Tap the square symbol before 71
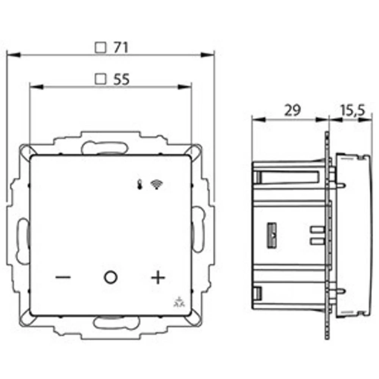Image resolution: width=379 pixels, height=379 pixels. (100, 47)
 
